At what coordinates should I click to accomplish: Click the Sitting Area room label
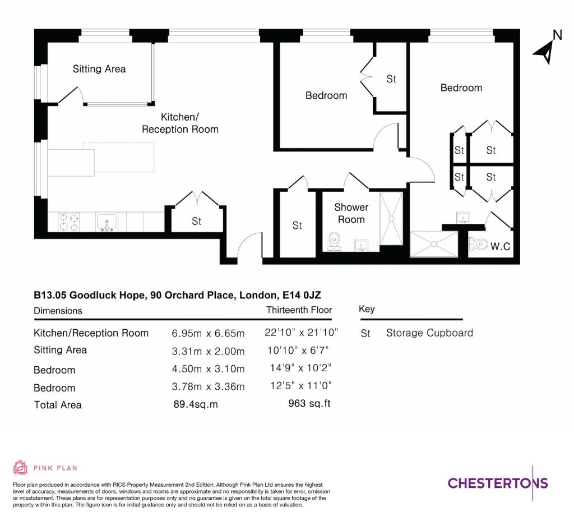point(99,69)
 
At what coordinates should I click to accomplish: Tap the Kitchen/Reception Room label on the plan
point(180,123)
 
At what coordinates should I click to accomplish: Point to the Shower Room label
point(351,213)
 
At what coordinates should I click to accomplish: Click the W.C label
point(500,246)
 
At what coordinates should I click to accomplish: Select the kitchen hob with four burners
point(69,222)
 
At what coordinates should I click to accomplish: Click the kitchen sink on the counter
point(107,223)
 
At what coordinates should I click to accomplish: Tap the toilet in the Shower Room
point(334,242)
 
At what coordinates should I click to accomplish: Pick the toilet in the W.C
point(478,243)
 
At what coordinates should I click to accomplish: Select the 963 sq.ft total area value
point(309,403)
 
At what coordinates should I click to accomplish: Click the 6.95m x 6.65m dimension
point(208,334)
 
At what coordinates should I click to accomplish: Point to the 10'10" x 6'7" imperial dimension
point(298,351)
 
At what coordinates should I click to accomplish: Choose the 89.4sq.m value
point(196,404)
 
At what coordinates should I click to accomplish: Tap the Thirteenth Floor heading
point(299,310)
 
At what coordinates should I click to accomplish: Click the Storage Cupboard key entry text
point(429,333)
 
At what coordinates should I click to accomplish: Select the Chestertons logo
point(498,483)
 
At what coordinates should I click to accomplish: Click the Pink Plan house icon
point(20,468)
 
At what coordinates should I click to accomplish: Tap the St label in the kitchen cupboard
point(197,221)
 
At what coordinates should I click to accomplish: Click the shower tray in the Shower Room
point(391,219)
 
